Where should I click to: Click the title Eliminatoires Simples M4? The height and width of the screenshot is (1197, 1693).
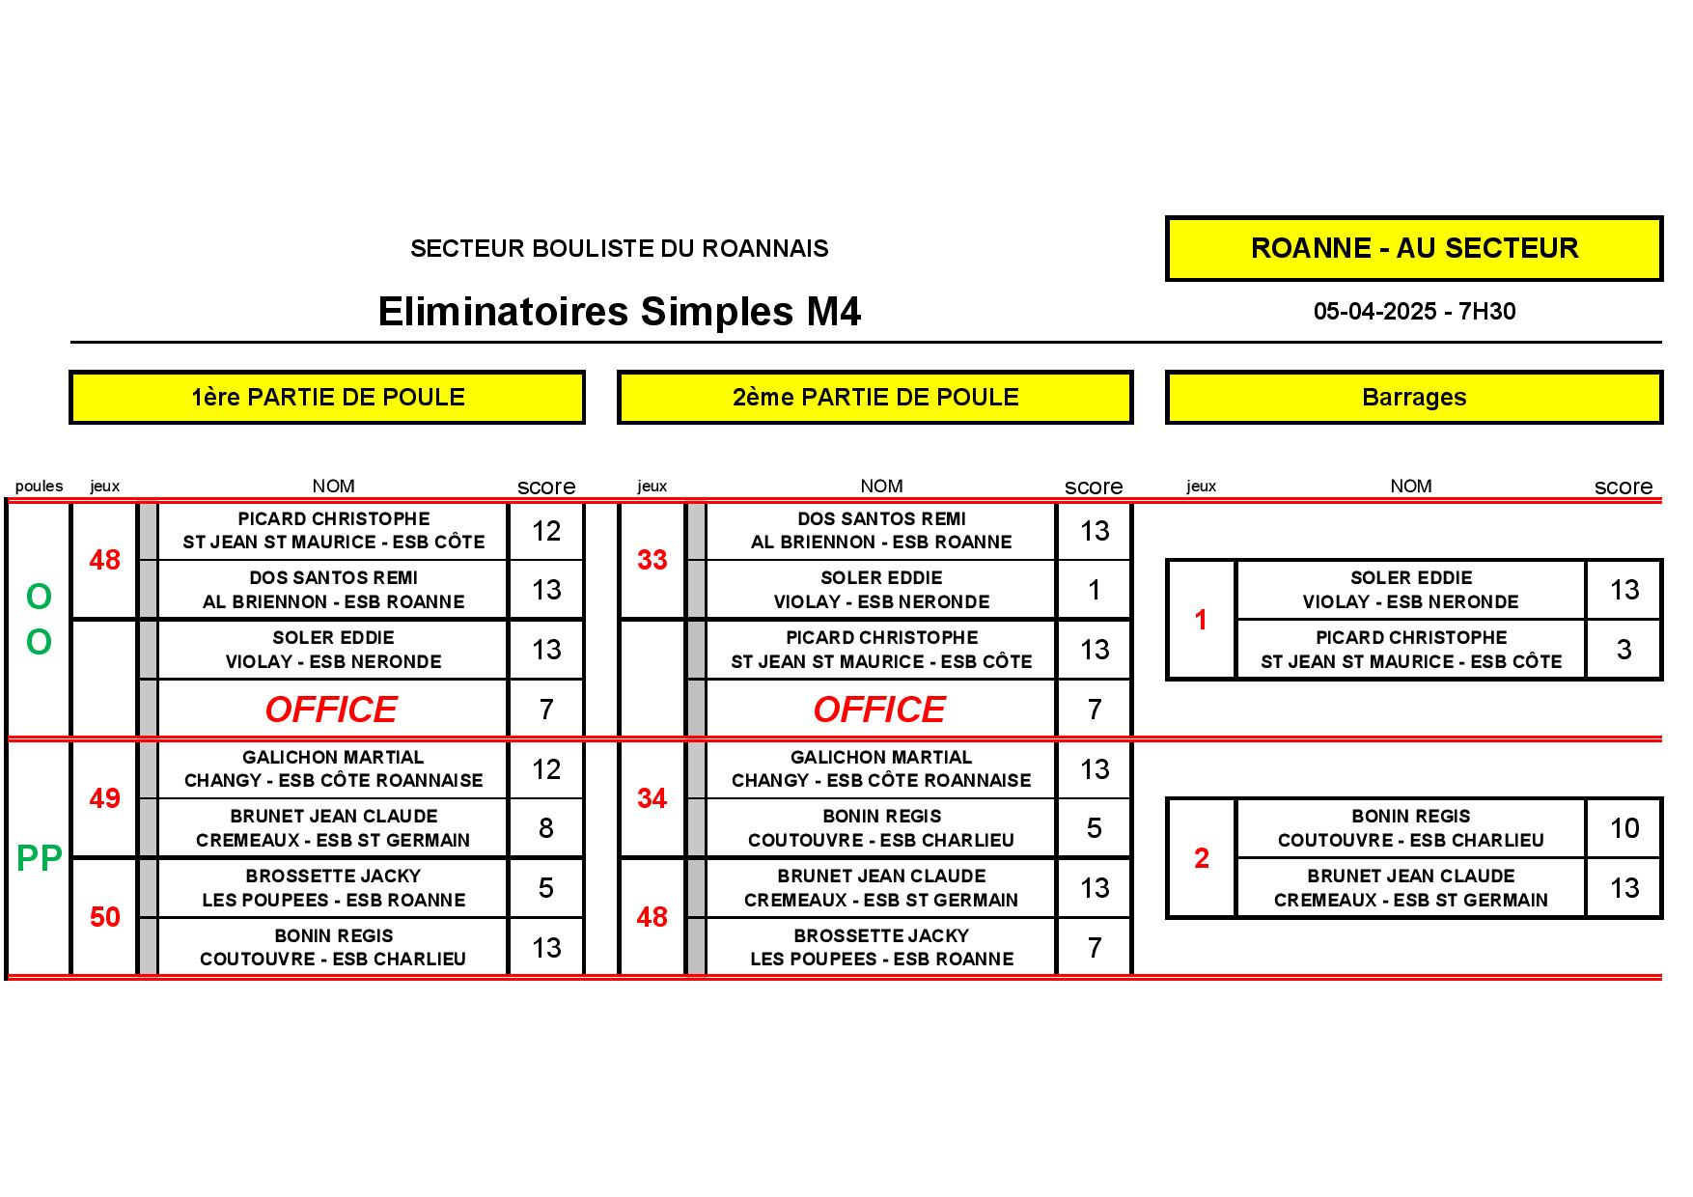click(x=619, y=312)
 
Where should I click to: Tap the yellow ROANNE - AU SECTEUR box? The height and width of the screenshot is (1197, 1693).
click(x=1414, y=248)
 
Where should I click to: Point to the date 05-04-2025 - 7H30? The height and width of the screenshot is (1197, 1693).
click(x=1414, y=312)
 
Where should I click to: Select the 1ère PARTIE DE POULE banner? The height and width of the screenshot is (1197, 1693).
click(x=327, y=397)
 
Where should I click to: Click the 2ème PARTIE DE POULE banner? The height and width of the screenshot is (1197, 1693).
click(x=875, y=397)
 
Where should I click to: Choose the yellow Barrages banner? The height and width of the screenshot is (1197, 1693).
click(x=1414, y=397)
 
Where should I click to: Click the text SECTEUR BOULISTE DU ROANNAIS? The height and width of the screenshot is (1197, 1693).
click(x=619, y=249)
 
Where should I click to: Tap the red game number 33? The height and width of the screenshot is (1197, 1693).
click(x=652, y=560)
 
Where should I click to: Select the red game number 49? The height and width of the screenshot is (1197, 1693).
click(x=104, y=798)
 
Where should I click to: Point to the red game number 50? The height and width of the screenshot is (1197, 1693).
click(x=104, y=917)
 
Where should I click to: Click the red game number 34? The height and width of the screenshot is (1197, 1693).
click(x=652, y=798)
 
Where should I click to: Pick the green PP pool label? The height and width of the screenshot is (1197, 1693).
click(x=40, y=857)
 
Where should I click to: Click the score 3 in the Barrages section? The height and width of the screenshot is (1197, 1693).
click(x=1624, y=650)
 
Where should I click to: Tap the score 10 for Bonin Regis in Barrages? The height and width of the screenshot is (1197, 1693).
click(x=1624, y=828)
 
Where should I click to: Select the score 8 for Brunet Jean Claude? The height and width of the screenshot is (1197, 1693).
click(x=546, y=828)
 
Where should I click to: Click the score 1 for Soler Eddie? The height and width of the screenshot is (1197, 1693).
click(x=1095, y=590)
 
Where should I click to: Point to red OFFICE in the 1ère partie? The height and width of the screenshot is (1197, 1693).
click(x=331, y=710)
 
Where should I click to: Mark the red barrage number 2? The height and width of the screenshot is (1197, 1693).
click(x=1202, y=858)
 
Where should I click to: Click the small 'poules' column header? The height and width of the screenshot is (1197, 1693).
click(x=40, y=487)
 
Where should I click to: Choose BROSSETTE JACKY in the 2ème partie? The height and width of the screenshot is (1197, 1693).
click(x=881, y=935)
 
